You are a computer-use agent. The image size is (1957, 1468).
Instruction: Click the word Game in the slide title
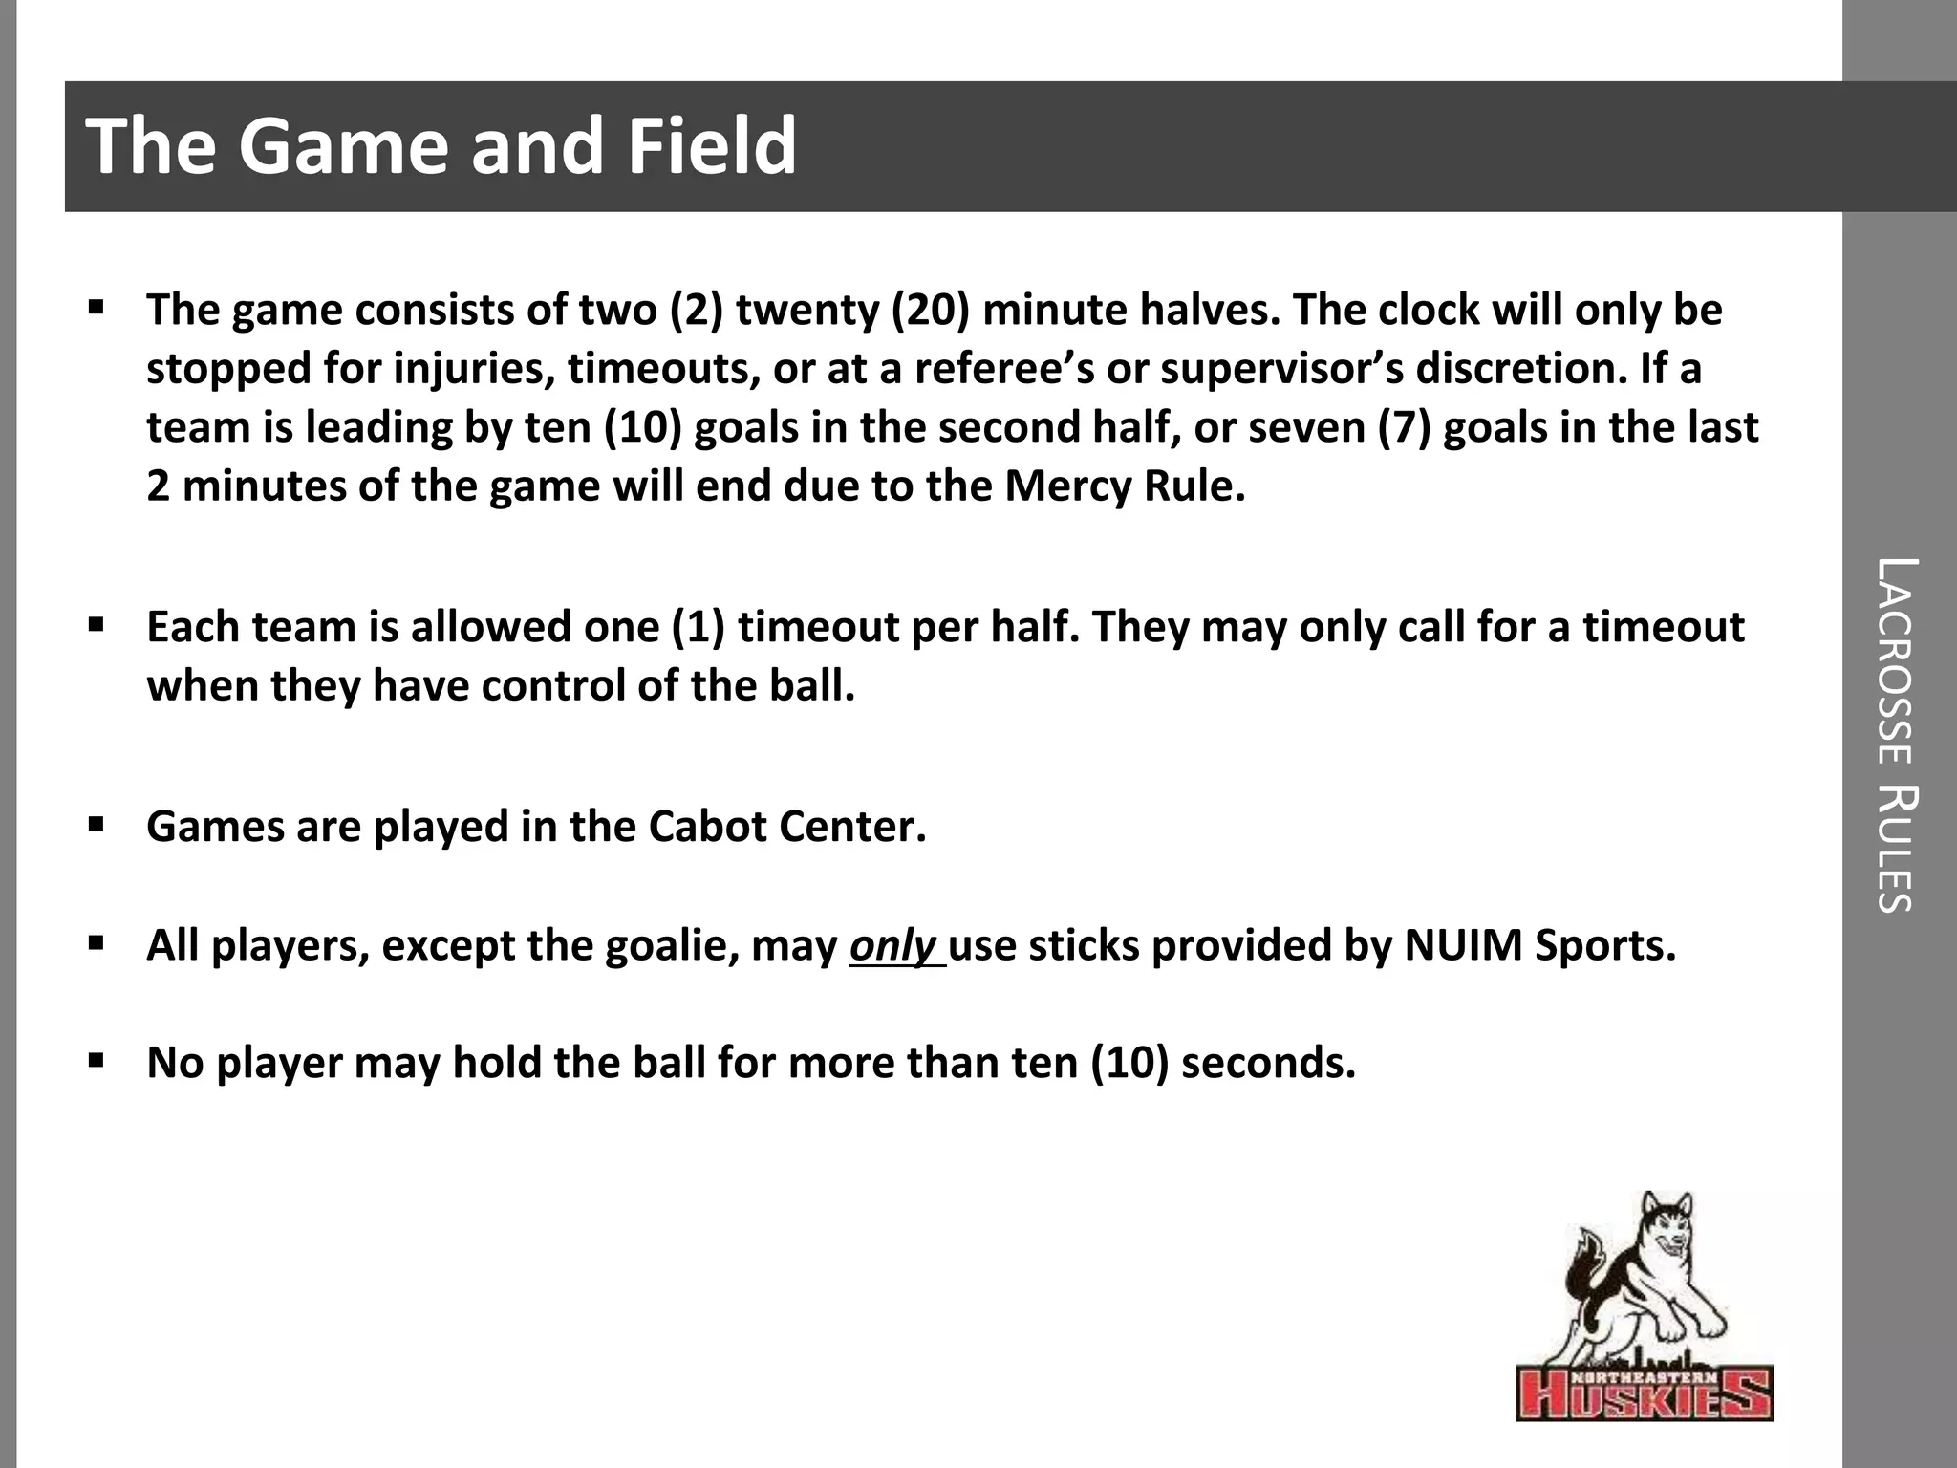click(x=340, y=146)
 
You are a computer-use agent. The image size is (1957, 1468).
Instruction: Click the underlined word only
click(x=892, y=946)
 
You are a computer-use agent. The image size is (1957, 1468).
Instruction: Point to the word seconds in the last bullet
click(x=1268, y=1063)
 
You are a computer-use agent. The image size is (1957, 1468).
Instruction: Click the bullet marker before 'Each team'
click(x=96, y=626)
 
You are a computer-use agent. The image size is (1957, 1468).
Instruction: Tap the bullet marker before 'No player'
click(x=96, y=1060)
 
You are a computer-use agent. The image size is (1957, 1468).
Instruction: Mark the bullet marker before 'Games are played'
click(x=96, y=824)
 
